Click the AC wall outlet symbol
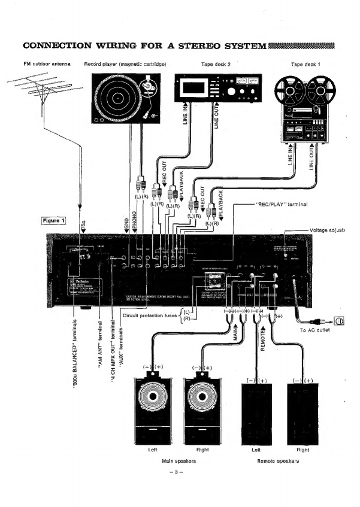[338, 321]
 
